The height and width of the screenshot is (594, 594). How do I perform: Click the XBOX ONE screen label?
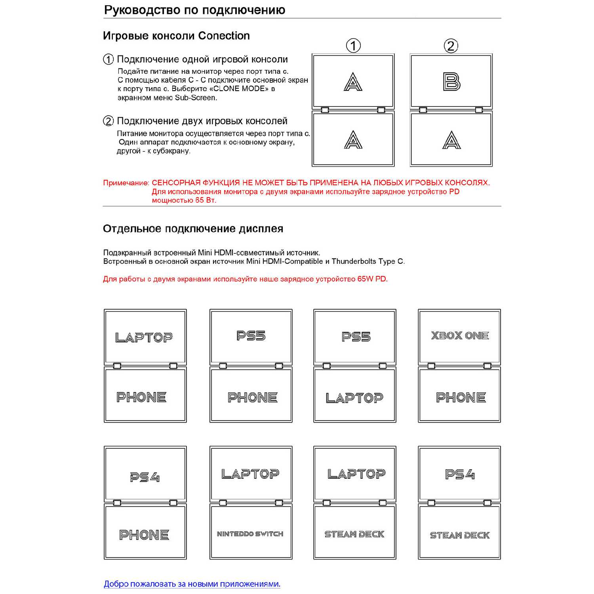tap(460, 336)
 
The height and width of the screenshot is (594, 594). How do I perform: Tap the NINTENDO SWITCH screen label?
tap(250, 534)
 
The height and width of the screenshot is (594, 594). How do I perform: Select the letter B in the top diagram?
tap(451, 82)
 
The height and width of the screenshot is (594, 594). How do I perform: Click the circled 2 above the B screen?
tap(451, 46)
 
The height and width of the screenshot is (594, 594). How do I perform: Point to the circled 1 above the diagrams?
tap(353, 46)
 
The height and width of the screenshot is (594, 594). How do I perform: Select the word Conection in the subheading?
tap(224, 36)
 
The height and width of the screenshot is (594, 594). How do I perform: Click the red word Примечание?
tap(126, 183)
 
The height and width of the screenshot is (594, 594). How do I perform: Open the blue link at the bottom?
tap(192, 584)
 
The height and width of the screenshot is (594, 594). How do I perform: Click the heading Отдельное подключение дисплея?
tap(193, 229)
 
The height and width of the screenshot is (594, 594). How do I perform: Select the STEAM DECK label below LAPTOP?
tap(354, 534)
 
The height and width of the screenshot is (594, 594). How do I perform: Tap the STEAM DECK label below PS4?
tap(460, 535)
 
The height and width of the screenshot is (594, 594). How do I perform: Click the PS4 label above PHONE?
tap(145, 477)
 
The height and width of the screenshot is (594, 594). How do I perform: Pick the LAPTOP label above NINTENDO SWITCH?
tap(250, 474)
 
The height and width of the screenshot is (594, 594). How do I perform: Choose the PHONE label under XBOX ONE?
tap(461, 398)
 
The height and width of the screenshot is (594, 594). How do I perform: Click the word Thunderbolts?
tap(354, 261)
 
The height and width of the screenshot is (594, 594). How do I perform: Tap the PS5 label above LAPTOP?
tap(356, 337)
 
